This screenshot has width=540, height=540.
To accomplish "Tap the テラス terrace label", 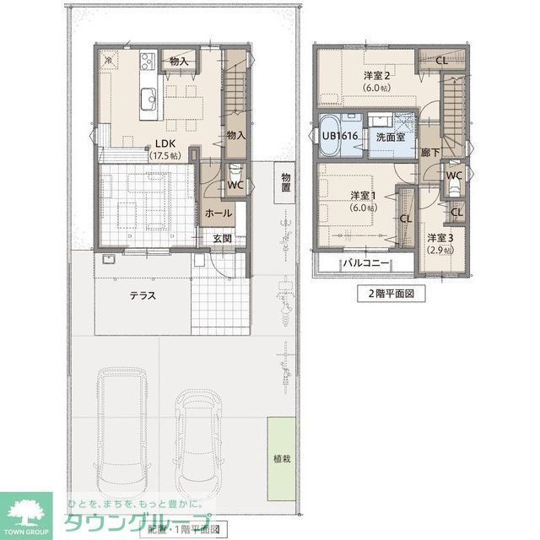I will (x=143, y=295).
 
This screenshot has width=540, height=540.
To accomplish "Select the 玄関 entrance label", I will (x=222, y=240).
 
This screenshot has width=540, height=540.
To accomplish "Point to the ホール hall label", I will (x=219, y=213).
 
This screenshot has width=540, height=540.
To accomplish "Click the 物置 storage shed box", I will (x=286, y=183).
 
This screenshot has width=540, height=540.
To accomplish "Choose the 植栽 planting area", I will (x=281, y=459).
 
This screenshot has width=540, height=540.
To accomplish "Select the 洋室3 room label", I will (x=440, y=238).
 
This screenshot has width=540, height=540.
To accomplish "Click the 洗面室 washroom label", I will (x=391, y=136).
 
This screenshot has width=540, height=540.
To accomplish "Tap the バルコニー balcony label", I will (x=364, y=263).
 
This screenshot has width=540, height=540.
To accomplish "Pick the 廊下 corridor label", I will (x=430, y=153).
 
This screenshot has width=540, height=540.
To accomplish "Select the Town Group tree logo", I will (x=25, y=511).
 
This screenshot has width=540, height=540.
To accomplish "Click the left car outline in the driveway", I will (x=122, y=439).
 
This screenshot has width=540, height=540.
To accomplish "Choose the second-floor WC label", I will (x=453, y=175).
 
